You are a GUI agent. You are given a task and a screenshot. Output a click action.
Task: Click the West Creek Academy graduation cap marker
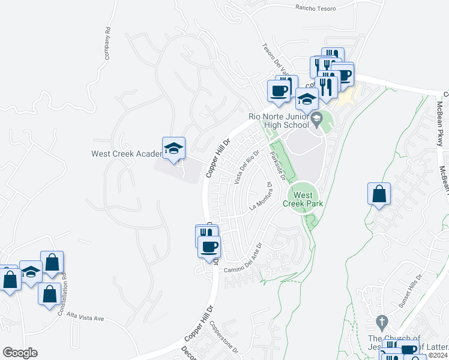click(x=173, y=149)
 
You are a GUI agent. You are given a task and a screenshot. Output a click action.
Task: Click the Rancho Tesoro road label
click(x=316, y=8)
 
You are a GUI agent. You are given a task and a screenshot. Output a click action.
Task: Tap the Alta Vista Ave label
click(x=86, y=316)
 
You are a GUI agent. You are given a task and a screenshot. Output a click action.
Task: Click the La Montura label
click(x=261, y=200)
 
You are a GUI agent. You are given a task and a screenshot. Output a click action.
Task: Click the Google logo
click(x=20, y=353)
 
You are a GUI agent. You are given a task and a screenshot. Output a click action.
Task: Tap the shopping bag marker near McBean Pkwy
click(x=379, y=194)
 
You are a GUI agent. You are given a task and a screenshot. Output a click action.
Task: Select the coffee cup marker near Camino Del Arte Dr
click(x=209, y=247)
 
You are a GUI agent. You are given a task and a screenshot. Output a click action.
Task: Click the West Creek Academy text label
click(x=126, y=154)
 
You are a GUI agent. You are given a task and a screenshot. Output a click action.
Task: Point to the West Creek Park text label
click(x=303, y=199)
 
